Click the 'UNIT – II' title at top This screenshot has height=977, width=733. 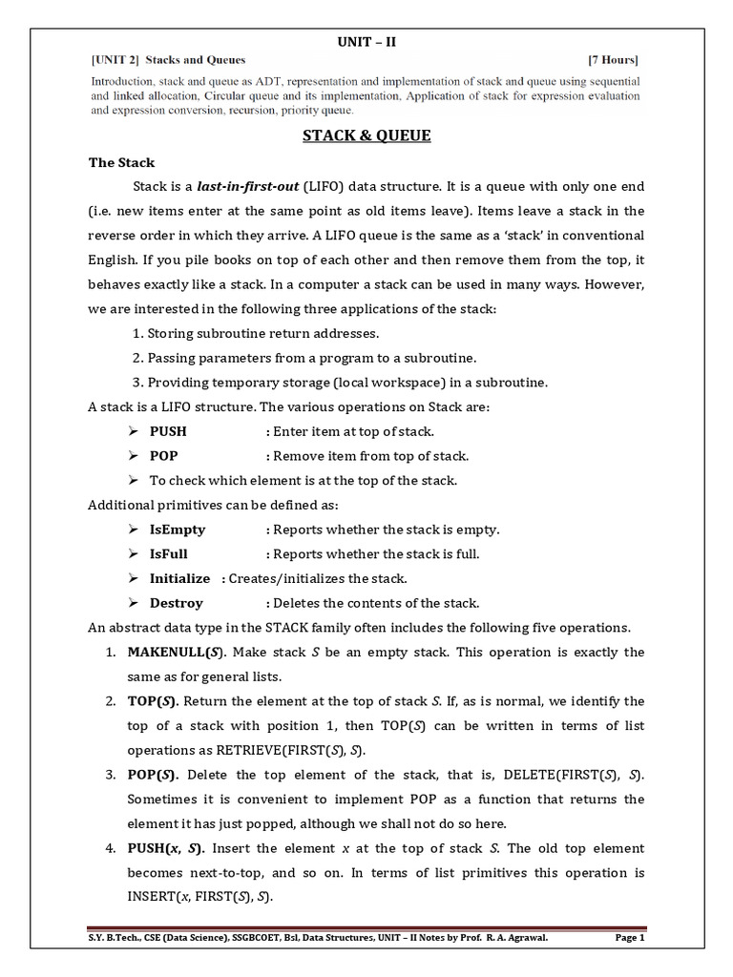[366, 40]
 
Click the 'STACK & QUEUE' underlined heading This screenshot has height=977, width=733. [366, 135]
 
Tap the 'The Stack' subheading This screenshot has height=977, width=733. [121, 162]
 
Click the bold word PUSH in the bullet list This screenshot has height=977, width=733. [168, 431]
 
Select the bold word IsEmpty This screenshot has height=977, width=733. [177, 530]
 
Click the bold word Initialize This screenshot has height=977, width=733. [179, 578]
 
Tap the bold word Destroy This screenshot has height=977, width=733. [176, 603]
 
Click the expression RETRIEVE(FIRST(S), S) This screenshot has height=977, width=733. [286, 749]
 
